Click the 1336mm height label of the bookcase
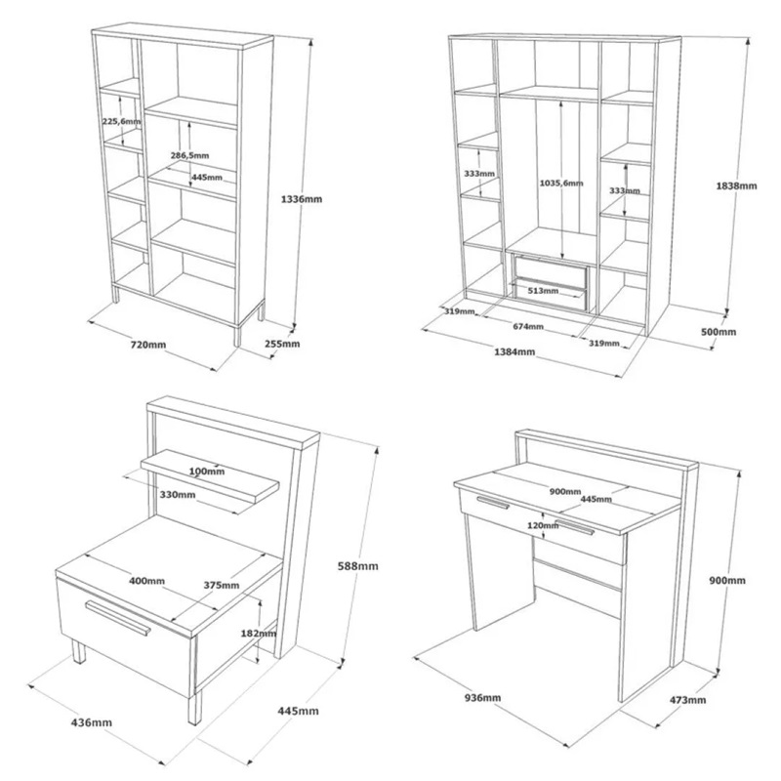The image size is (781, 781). (302, 199)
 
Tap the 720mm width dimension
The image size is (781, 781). (148, 345)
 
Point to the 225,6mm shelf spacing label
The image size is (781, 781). (121, 121)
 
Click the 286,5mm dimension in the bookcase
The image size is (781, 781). (189, 155)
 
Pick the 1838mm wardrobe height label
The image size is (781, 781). (736, 185)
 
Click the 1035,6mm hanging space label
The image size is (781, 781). (561, 183)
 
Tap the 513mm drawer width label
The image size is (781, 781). (543, 290)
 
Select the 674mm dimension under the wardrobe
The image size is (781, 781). (528, 327)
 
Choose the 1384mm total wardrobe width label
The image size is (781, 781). (514, 351)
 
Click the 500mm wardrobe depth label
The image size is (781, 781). (719, 332)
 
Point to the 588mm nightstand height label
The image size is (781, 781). (357, 566)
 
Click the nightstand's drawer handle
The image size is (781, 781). (117, 618)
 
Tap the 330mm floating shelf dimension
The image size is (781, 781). (178, 495)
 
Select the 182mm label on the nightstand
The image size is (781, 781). (258, 633)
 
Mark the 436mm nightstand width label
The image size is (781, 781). (92, 722)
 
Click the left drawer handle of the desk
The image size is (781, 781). (493, 503)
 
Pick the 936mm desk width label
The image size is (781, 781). (482, 697)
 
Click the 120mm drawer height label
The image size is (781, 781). (543, 525)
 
